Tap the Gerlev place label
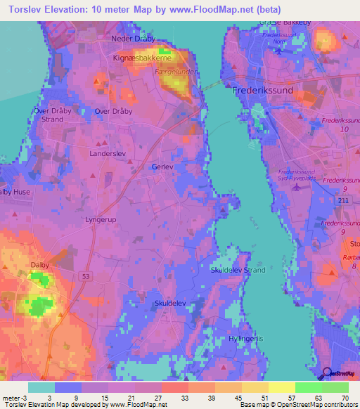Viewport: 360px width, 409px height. point(162,167)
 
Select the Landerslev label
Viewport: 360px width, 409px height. point(108,152)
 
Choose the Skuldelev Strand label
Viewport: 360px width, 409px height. point(238,269)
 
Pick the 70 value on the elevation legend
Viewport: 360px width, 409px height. point(344,397)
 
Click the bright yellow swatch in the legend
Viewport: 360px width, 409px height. point(281,387)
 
